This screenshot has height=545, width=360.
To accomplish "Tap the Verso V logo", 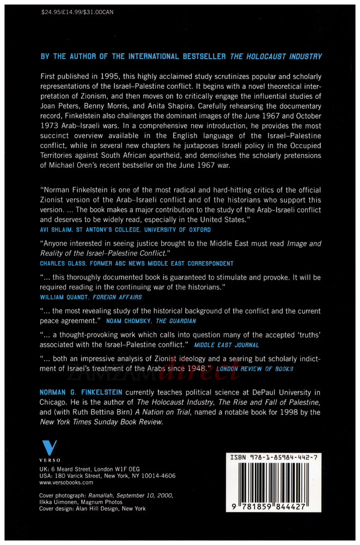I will pos(50,449).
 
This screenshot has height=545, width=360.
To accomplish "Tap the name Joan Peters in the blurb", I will pos(60,108).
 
